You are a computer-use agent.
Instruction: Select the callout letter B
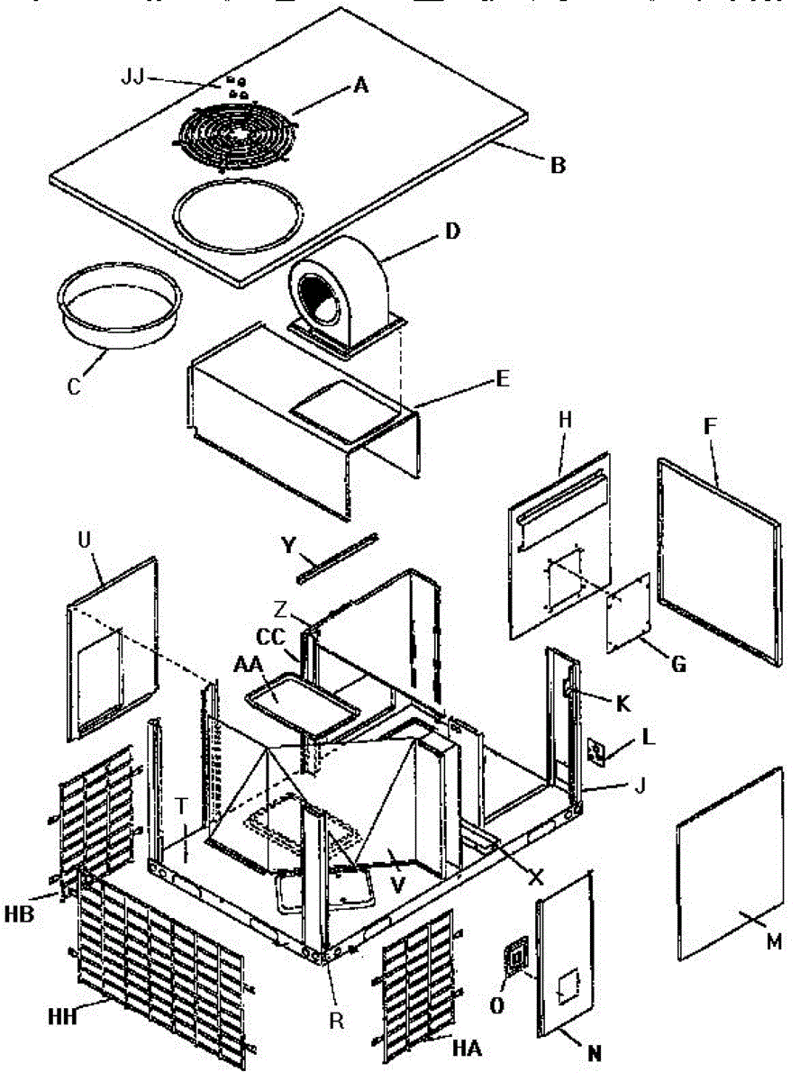tap(559, 165)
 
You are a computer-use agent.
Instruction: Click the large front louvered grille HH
tap(162, 973)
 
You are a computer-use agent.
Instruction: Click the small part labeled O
tap(514, 958)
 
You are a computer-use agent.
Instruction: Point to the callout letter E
tap(502, 379)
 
